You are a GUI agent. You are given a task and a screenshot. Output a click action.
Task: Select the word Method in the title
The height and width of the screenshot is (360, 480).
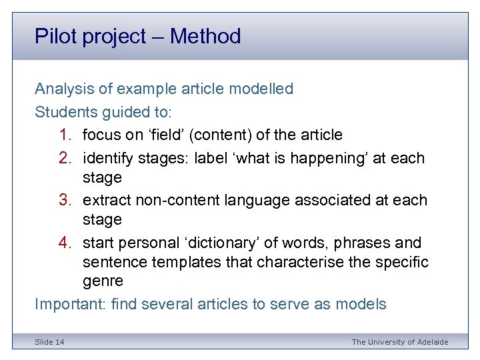[205, 36]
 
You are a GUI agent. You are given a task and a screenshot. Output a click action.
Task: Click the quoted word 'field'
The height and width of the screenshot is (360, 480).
[165, 135]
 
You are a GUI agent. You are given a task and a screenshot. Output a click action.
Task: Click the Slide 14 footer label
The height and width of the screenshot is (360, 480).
[50, 342]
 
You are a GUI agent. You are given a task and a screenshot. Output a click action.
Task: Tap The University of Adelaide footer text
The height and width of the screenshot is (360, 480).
[400, 342]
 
